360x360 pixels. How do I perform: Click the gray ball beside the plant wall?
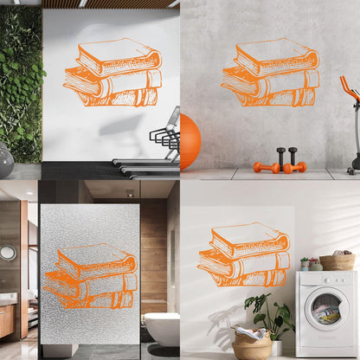[x=4, y=161]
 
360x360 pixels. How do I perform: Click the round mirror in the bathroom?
[x=8, y=253]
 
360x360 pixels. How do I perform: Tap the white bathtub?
[x=161, y=328]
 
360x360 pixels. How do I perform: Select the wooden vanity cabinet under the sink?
[x=7, y=320]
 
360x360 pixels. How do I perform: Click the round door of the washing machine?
[x=326, y=310]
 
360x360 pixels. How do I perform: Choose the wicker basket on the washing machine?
[x=337, y=261]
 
